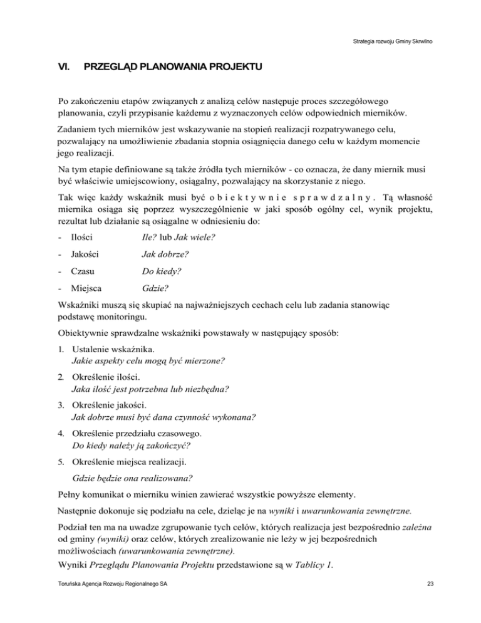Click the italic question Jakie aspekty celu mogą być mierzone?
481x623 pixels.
[x=148, y=362]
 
